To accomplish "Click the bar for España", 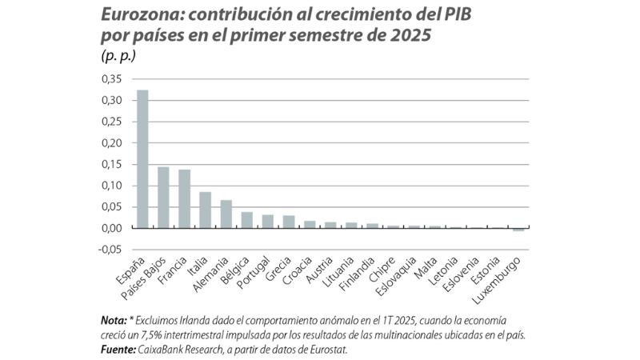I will pyautogui.click(x=142, y=159).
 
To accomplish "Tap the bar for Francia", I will pyautogui.click(x=184, y=199).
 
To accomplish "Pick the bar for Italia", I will pyautogui.click(x=205, y=210).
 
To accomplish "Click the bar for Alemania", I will pyautogui.click(x=226, y=214).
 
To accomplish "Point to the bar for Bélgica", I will pyautogui.click(x=246, y=220).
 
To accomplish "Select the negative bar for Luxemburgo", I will pyautogui.click(x=518, y=230).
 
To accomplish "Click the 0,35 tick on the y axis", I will pyautogui.click(x=113, y=79).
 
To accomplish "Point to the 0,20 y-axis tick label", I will pyautogui.click(x=113, y=143).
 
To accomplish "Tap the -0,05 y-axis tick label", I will pyautogui.click(x=111, y=250).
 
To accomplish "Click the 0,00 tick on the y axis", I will pyautogui.click(x=113, y=229).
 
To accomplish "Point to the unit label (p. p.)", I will pyautogui.click(x=117, y=55).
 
